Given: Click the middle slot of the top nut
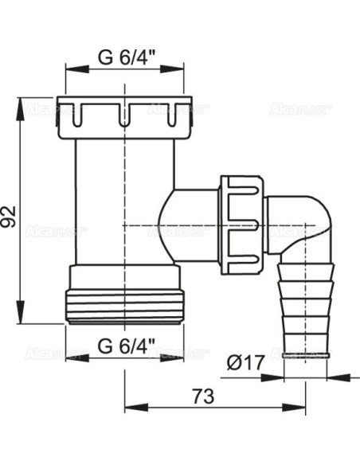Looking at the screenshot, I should click(124, 116).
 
